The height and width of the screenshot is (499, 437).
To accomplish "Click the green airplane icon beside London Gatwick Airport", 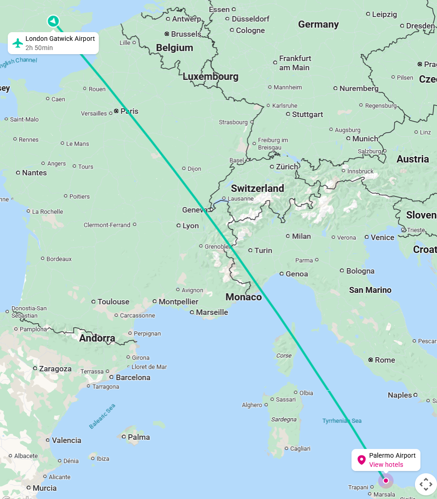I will tap(18, 43).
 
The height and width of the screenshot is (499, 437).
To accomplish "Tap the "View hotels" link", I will tap(386, 465).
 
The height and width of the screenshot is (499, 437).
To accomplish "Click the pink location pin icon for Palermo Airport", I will tap(362, 460).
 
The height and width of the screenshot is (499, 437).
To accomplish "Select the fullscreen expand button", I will tap(426, 484).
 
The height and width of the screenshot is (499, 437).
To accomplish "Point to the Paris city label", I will tap(129, 111).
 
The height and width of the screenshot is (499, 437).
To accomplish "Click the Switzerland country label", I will tap(257, 188).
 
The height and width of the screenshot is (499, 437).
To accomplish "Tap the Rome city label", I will tap(385, 360).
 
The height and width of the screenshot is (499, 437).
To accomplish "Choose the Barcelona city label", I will tap(133, 377).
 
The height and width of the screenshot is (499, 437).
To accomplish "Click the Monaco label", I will tap(243, 297).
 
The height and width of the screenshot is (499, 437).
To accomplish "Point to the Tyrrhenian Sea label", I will tap(342, 421).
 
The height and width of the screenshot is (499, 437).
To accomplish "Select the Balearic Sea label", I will tap(102, 416).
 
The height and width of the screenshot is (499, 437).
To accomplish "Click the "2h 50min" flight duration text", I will tap(39, 48).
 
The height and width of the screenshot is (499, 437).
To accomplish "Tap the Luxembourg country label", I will tap(210, 77).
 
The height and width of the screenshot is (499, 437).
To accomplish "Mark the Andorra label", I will tap(97, 338).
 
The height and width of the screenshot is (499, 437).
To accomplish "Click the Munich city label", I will tap(365, 139).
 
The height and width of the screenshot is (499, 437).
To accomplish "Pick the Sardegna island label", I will tap(284, 419).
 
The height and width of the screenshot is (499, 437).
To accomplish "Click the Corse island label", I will tap(284, 355).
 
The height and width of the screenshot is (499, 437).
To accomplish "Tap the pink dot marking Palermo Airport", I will tap(386, 481).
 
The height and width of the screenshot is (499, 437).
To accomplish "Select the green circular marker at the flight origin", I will tap(53, 21).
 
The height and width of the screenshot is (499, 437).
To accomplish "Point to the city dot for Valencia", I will tap(48, 440).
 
